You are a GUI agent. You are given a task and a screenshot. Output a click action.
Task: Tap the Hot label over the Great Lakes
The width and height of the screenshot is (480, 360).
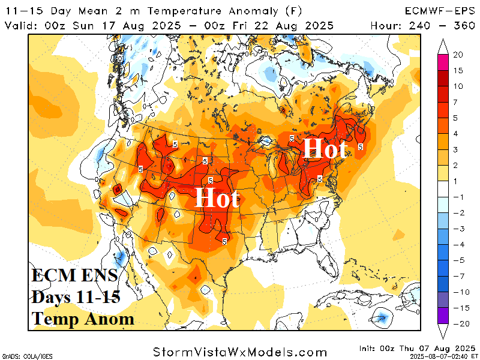coord(325,148)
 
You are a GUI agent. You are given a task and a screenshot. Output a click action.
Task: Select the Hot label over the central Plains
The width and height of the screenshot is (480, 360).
coord(217,198)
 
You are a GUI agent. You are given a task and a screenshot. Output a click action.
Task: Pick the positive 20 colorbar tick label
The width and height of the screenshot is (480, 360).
coord(457,55)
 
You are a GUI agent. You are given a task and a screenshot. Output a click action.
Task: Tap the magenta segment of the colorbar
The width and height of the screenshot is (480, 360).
coord(443,62)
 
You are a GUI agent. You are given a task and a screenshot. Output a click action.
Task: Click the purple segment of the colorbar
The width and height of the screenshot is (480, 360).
coord(443,316)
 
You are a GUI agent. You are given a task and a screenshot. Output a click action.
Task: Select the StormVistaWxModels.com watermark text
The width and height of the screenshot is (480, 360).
coord(240,352)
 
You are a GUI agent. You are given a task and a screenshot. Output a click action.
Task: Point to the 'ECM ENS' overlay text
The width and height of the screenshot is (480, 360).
coord(75,277)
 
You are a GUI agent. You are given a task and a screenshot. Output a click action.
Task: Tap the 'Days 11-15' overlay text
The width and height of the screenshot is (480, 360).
coord(76,297)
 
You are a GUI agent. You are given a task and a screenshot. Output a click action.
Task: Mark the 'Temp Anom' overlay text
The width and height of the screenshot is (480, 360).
coord(83,318)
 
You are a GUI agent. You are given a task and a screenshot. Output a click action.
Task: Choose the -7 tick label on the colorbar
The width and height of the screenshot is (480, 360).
coord(458,276)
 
